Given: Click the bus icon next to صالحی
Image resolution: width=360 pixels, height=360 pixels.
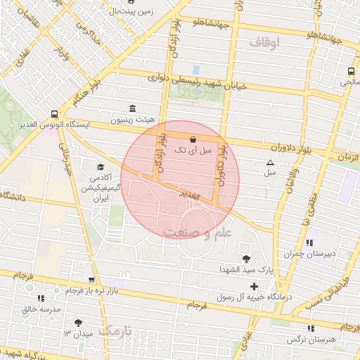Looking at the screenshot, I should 351,71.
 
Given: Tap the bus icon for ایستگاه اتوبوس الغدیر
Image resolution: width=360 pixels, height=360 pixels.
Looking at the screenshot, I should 55,113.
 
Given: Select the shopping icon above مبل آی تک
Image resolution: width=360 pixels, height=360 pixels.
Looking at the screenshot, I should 193,139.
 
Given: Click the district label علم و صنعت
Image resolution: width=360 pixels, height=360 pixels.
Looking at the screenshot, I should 191,232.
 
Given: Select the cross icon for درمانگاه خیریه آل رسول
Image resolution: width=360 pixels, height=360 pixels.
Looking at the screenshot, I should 254,286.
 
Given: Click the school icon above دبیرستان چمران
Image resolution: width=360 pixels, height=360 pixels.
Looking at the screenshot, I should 310,243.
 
